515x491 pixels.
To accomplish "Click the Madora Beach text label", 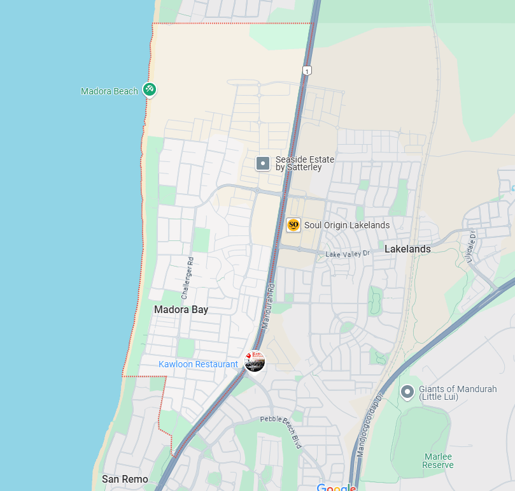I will [x=109, y=91].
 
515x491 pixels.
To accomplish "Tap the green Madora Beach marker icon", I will [x=150, y=90].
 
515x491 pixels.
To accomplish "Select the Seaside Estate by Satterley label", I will [x=304, y=163].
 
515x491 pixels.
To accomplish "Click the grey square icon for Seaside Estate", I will [x=263, y=164].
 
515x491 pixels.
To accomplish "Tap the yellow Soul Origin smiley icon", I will [x=293, y=224].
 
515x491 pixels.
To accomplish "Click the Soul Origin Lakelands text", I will [x=347, y=224].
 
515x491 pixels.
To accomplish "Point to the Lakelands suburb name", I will [x=407, y=249].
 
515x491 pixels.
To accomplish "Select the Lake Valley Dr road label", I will [x=348, y=254].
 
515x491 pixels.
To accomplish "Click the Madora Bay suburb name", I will [x=181, y=309].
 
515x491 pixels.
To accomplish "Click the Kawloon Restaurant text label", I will [x=198, y=364].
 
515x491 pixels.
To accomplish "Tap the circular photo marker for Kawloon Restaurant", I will [x=255, y=361].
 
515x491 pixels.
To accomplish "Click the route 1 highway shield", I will [x=307, y=70].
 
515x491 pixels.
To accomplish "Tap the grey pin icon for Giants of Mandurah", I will [x=407, y=391].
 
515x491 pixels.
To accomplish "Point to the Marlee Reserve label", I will [x=439, y=460].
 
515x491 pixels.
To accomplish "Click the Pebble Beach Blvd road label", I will [x=281, y=432].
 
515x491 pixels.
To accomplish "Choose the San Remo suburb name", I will [x=125, y=479].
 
